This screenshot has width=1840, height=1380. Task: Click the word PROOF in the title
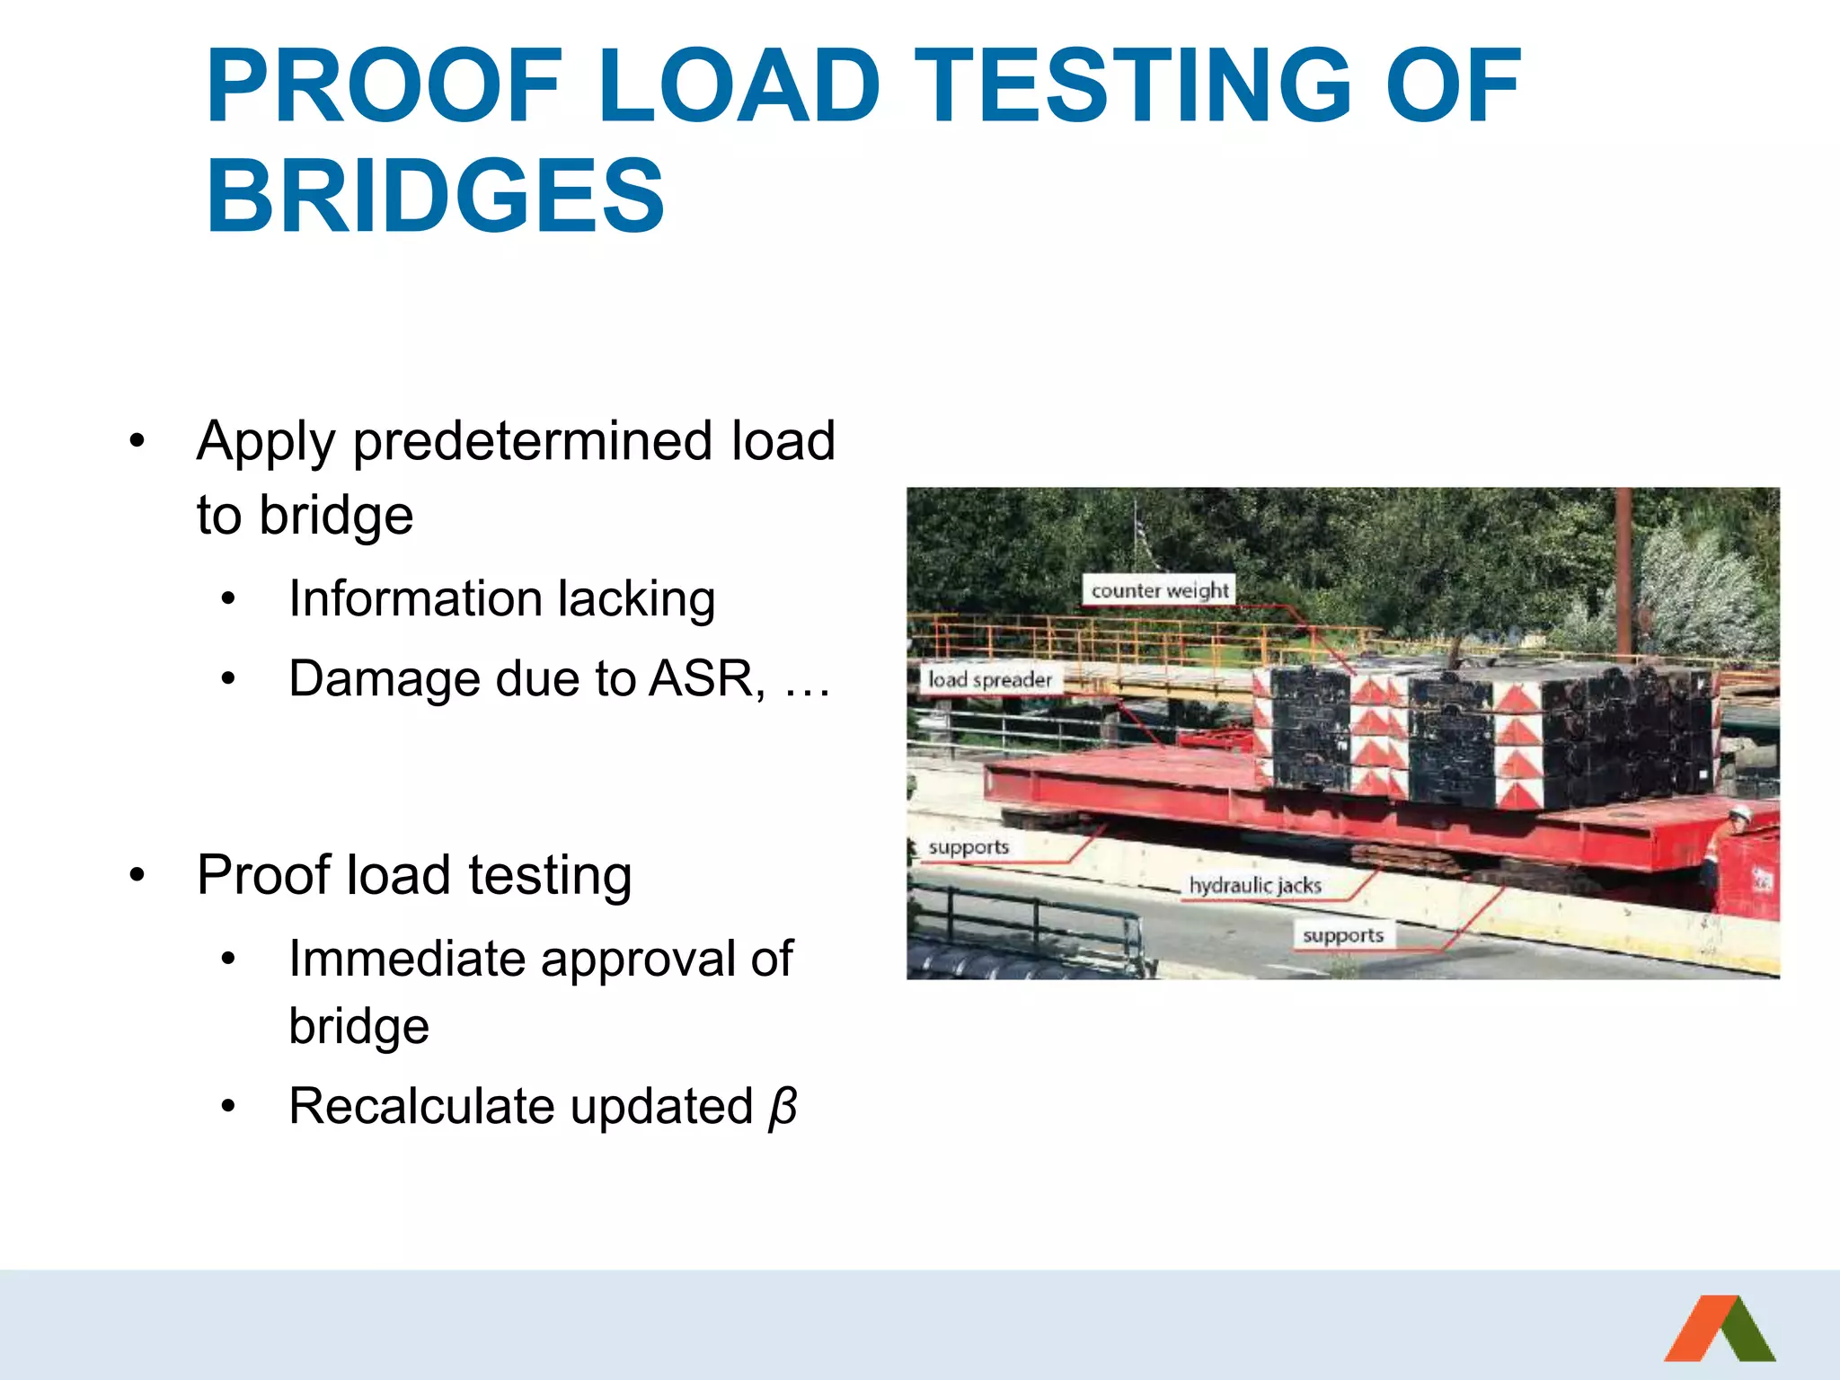385,86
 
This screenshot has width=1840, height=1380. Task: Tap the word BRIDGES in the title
436,196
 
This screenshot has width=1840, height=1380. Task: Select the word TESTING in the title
1135,86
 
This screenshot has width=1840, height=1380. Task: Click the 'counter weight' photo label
1159,590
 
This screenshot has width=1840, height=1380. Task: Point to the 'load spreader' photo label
989,679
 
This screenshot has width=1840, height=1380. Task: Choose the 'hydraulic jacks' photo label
1255,885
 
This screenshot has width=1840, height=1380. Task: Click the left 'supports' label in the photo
968,847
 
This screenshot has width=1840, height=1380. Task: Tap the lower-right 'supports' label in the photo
1342,935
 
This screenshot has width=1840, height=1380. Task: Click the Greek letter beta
783,1107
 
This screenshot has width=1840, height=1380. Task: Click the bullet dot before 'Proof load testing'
137,875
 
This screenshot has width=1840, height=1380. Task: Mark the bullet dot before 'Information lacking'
229,599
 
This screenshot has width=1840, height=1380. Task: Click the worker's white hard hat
1739,814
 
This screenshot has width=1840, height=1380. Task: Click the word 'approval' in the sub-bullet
650,959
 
